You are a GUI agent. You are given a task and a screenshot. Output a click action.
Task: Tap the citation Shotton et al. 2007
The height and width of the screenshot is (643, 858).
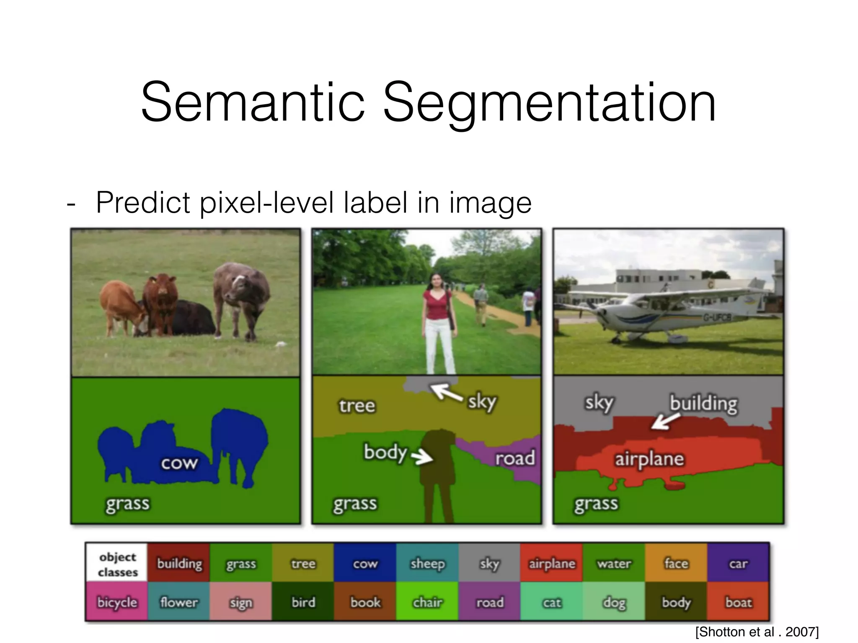(757, 632)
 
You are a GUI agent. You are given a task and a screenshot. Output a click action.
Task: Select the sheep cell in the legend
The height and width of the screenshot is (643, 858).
(427, 563)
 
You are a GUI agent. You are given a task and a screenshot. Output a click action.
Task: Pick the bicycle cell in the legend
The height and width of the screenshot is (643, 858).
(117, 602)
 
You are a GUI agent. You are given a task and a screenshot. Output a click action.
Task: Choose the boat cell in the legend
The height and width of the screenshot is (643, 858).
(738, 602)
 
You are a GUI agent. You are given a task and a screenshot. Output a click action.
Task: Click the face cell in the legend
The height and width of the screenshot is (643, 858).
(676, 563)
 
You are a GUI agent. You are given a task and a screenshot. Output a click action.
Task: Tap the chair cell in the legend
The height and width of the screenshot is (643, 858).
(427, 602)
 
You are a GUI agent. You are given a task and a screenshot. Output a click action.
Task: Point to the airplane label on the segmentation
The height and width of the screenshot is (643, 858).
(649, 459)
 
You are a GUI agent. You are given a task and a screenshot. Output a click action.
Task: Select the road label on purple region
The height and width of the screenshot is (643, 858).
(514, 458)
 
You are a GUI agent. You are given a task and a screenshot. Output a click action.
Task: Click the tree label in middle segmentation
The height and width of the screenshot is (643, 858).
(357, 406)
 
